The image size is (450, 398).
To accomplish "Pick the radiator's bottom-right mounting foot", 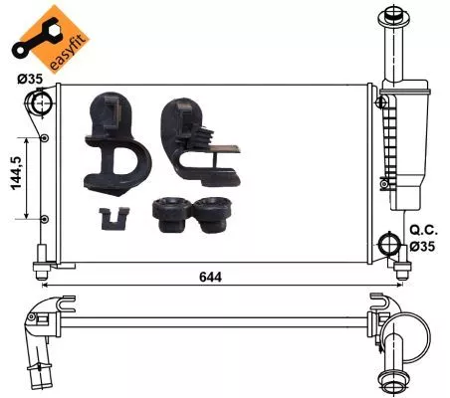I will point(401,268).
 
